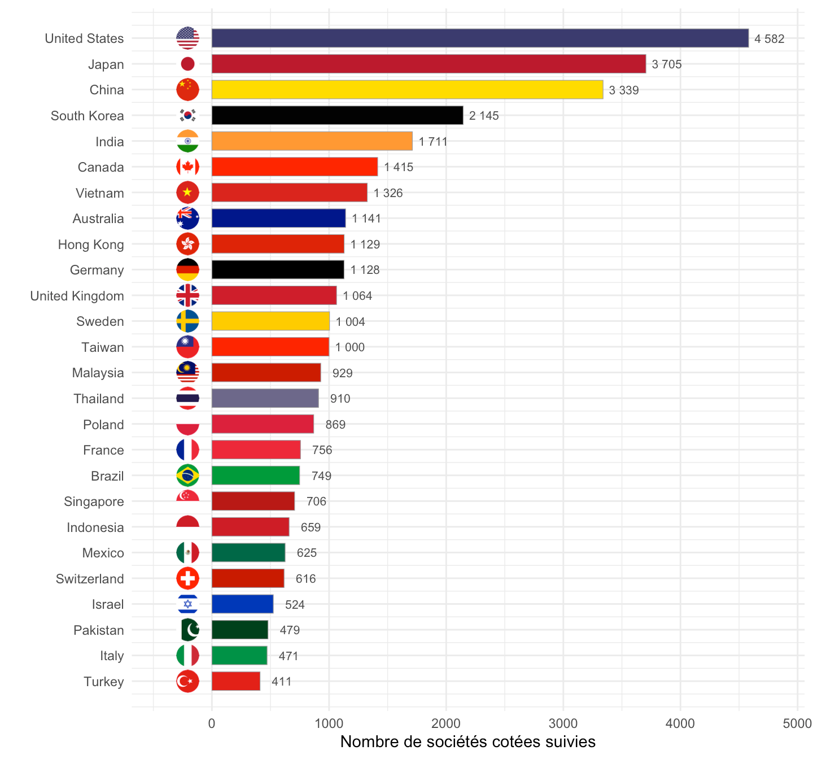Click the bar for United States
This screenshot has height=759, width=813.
480,38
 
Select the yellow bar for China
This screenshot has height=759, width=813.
407,90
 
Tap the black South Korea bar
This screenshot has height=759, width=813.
337,116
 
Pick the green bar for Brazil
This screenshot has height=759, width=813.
255,476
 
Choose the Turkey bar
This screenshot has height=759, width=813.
236,681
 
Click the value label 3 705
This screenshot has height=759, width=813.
666,64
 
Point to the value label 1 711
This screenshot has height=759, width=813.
432,142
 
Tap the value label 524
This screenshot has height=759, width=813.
295,605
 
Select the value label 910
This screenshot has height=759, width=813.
340,399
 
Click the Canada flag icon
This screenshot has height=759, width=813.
187,167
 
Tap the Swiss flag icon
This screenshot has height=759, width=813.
187,578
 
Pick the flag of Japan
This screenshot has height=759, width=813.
187,64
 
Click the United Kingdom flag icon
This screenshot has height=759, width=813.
187,295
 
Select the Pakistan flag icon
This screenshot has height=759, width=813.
190,630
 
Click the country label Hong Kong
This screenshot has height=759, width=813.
91,245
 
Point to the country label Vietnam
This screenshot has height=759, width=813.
100,193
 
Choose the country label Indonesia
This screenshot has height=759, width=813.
95,527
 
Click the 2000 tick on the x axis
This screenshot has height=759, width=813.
446,724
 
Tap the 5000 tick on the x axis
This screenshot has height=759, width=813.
797,724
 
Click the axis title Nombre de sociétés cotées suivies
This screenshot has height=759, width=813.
468,742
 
